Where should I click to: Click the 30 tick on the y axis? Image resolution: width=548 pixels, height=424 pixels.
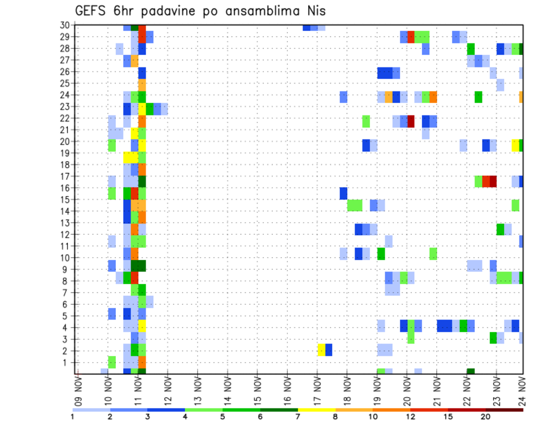(65, 25)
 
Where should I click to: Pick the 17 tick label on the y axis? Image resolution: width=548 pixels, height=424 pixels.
(65, 176)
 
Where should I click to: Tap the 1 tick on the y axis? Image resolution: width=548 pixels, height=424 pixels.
(66, 362)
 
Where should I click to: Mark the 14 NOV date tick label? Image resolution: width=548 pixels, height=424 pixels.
(227, 390)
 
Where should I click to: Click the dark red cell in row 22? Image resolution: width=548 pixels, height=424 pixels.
(411, 121)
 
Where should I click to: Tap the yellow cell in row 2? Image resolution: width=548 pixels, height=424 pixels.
(321, 350)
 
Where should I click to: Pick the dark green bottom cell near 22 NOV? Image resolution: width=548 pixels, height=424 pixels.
(470, 371)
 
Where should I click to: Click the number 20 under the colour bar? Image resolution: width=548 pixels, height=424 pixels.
(486, 417)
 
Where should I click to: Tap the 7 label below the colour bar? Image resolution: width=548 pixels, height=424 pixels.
(298, 417)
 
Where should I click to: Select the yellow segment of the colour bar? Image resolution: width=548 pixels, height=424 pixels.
(317, 410)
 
